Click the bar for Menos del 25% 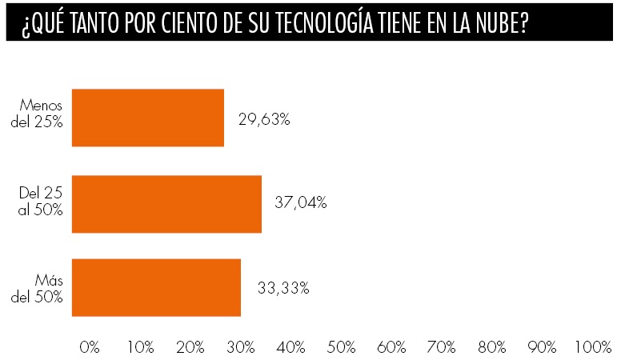point(148,118)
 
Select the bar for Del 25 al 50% point(166,204)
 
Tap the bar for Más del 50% point(156,288)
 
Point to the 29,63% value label point(264,119)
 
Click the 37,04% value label point(300,203)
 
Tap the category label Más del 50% point(44,286)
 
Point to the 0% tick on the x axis point(90,347)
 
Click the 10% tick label point(140,347)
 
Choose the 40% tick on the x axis point(290,347)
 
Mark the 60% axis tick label point(391,347)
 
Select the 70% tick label point(442,347)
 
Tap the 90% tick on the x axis point(542,347)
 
